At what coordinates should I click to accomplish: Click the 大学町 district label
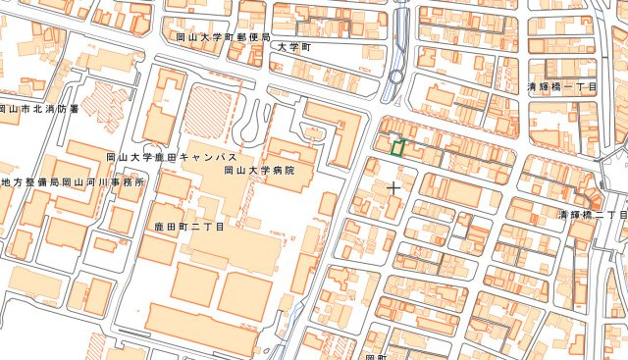coord(292,47)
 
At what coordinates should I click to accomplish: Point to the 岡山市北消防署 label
coord(37,109)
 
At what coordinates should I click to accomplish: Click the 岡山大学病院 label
coord(259,171)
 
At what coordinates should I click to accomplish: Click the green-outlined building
coord(397,147)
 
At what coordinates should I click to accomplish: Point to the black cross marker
coord(394,184)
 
